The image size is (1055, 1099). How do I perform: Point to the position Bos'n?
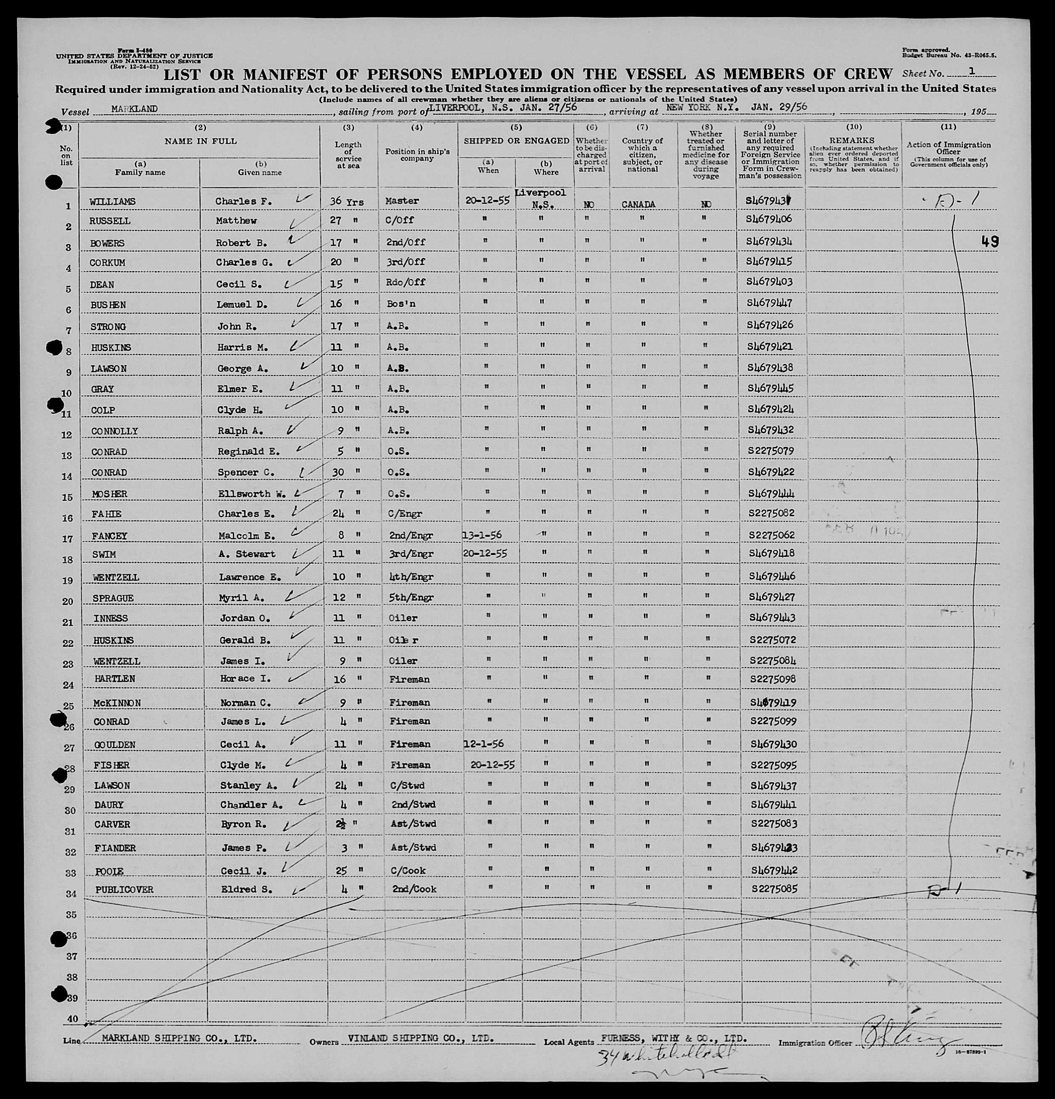click(400, 304)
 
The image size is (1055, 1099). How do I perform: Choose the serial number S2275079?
click(770, 450)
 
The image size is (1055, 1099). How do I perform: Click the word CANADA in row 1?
click(638, 205)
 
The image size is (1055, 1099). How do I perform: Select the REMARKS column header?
click(854, 141)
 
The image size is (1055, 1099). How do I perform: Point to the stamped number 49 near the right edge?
click(989, 242)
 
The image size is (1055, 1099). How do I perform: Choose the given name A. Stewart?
click(247, 554)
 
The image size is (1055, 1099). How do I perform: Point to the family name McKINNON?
click(117, 703)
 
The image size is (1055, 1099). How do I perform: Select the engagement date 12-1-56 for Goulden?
click(484, 743)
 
